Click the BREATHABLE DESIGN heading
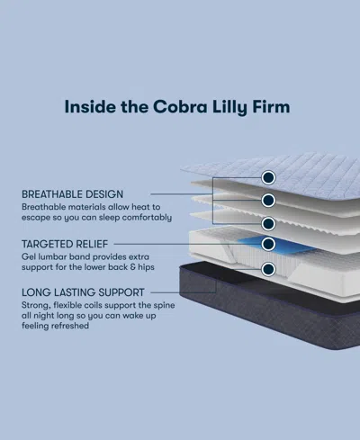73,193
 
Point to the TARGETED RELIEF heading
66,243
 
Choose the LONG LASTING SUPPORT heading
85,292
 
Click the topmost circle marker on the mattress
268,176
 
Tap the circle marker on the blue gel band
268,243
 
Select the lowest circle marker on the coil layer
268,269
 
